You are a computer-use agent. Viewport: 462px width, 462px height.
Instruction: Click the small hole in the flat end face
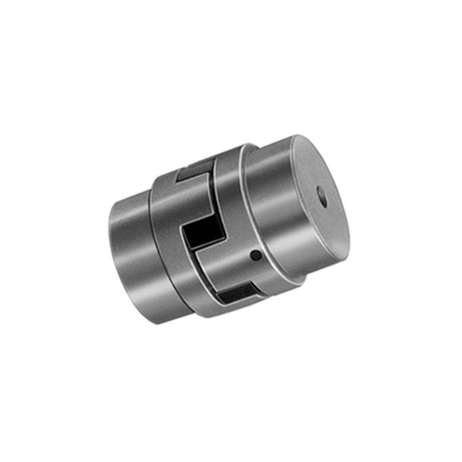(x=322, y=197)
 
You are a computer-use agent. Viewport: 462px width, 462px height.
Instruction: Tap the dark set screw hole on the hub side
(x=256, y=256)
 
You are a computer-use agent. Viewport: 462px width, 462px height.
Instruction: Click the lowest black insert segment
(x=234, y=296)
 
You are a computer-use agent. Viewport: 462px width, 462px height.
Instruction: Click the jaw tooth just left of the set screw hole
(x=226, y=266)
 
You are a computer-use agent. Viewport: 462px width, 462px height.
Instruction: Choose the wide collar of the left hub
(x=167, y=253)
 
